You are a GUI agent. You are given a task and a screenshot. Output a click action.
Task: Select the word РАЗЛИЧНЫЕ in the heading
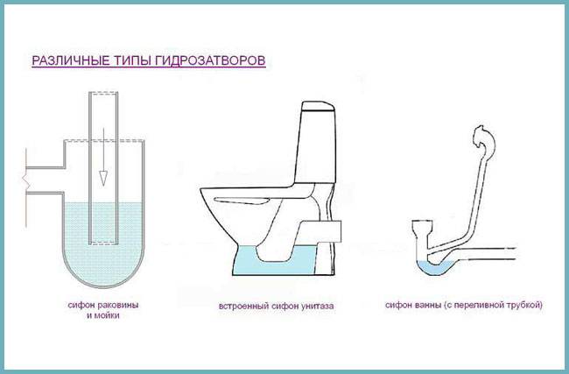[x=62, y=62]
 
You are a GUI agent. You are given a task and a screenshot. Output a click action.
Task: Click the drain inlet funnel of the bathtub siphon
[x=422, y=231]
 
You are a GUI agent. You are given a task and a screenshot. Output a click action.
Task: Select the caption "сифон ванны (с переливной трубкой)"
[x=464, y=305]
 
